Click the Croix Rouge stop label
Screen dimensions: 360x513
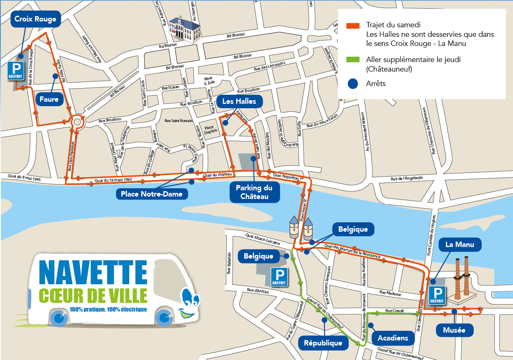[x=35, y=19]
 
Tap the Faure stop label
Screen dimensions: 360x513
[x=49, y=99]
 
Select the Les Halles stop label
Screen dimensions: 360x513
[x=239, y=101]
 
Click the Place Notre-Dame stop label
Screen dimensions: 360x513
[x=151, y=194]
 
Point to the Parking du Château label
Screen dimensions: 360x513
[x=254, y=192]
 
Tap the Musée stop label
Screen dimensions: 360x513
[x=454, y=330]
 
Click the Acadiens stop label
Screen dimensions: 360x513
[x=393, y=338]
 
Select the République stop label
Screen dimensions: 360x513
[x=323, y=343]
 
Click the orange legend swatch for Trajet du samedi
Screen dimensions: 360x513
[x=353, y=25]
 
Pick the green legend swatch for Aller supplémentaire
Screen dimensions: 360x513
[x=353, y=60]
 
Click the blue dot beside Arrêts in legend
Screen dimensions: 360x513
[x=353, y=84]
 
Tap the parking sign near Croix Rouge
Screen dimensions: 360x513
[x=16, y=71]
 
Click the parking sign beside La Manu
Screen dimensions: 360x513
[x=437, y=295]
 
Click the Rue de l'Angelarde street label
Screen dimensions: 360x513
[x=407, y=178]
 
